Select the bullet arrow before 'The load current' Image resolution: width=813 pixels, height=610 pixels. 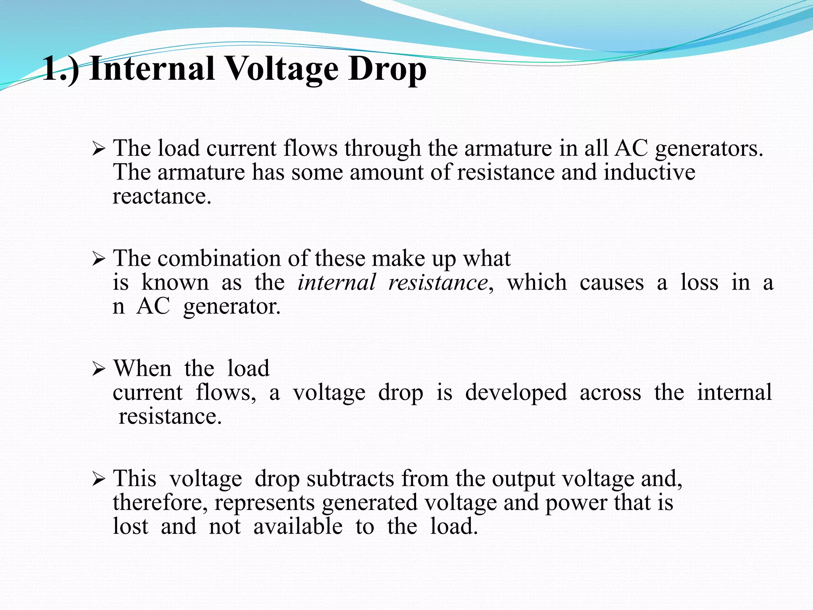click(x=98, y=150)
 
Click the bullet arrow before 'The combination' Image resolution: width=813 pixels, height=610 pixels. click(x=98, y=260)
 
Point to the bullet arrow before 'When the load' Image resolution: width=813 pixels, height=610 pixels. click(x=98, y=370)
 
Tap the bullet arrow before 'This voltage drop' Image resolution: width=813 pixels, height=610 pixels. click(x=98, y=480)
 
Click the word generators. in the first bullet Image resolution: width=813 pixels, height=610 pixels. click(x=709, y=149)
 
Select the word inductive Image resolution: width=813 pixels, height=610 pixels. click(x=649, y=172)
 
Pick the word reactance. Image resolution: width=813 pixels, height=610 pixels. click(x=162, y=197)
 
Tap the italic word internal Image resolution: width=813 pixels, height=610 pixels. click(x=336, y=283)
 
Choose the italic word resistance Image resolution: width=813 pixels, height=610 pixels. click(x=438, y=283)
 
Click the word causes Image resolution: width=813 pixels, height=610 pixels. click(x=611, y=283)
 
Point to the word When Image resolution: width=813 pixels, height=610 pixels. click(x=143, y=369)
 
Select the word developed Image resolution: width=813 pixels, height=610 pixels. click(x=516, y=393)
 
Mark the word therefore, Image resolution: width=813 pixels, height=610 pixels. click(x=160, y=503)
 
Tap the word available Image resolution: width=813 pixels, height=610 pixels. click(x=298, y=527)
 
